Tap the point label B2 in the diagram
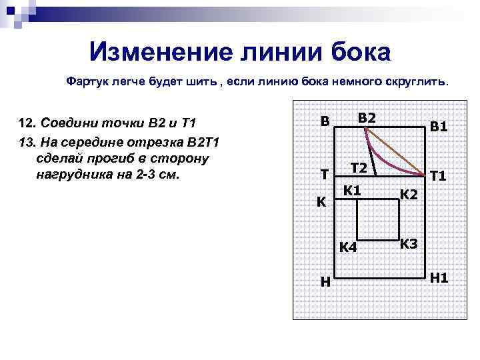[367, 118]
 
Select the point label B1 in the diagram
[439, 126]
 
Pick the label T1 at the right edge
[439, 177]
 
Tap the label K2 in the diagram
[409, 195]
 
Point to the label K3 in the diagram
[409, 243]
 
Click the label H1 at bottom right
[439, 277]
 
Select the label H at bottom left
[325, 281]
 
